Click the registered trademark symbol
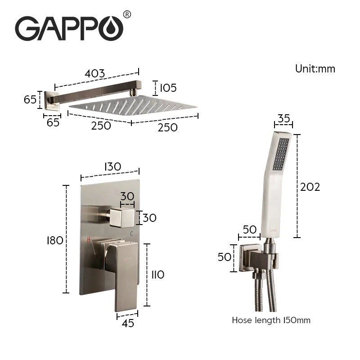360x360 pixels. pyautogui.click(x=127, y=14)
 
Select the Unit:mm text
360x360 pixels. pyautogui.click(x=315, y=69)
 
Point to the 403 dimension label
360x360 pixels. pyautogui.click(x=95, y=73)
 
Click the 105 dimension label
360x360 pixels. pyautogui.click(x=168, y=88)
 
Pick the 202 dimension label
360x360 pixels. pyautogui.click(x=310, y=187)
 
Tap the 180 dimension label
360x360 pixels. pyautogui.click(x=55, y=241)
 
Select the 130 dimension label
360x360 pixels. pyautogui.click(x=112, y=166)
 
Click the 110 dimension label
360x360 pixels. pyautogui.click(x=158, y=274)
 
